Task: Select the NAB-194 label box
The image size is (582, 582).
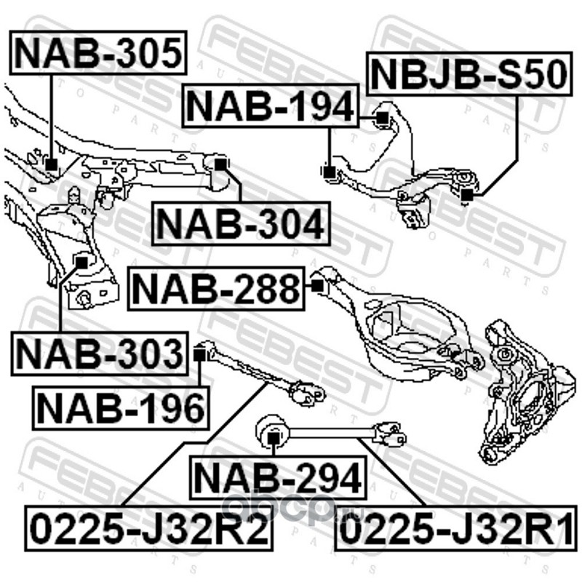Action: pyautogui.click(x=270, y=106)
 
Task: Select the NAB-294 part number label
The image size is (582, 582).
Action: pyautogui.click(x=276, y=478)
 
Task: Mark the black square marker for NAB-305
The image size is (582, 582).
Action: pyautogui.click(x=50, y=164)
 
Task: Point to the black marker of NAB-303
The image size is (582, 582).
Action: pyautogui.click(x=82, y=259)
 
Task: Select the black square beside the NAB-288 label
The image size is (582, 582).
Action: pyautogui.click(x=316, y=286)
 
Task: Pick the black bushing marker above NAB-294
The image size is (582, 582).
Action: pyautogui.click(x=271, y=436)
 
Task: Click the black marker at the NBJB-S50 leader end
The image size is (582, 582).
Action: pyautogui.click(x=467, y=194)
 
